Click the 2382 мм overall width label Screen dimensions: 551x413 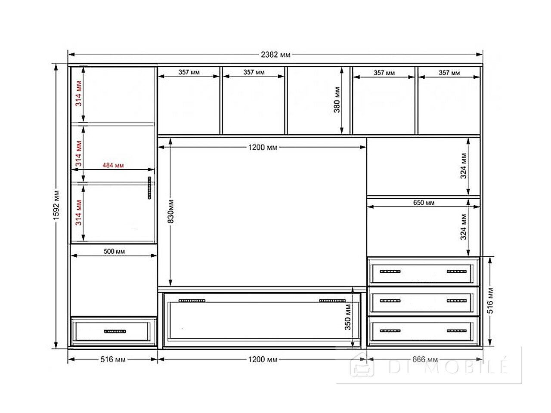(x=275, y=54)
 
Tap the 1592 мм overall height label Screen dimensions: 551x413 (x=56, y=205)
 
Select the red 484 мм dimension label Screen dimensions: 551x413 (x=113, y=165)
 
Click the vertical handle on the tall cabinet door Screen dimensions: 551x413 (x=149, y=188)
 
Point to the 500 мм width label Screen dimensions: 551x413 (x=114, y=251)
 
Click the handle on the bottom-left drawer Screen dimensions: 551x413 (x=115, y=331)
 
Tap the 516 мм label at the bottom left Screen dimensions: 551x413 (x=113, y=359)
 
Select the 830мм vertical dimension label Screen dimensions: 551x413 (x=170, y=211)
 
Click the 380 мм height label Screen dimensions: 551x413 (x=337, y=100)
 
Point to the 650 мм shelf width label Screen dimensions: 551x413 (x=424, y=202)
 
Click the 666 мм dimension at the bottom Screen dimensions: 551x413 (x=425, y=359)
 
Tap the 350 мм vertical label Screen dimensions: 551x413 (x=348, y=317)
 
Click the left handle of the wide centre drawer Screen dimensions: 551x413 (x=192, y=301)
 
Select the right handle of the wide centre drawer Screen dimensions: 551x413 (x=332, y=301)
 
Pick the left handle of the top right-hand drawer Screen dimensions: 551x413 (x=390, y=271)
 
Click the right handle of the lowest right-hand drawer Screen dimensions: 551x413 (x=457, y=331)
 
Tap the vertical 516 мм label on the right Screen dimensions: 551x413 (x=490, y=301)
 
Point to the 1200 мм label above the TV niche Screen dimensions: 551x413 (x=263, y=147)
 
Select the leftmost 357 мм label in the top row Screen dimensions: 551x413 (x=189, y=72)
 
